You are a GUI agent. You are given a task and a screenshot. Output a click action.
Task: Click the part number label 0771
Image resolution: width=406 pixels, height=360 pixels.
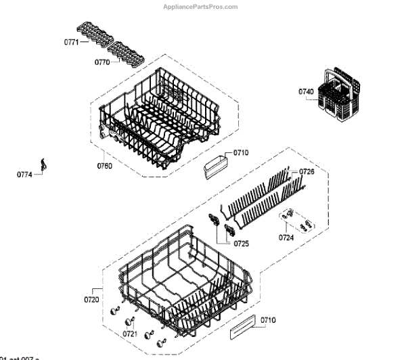[x=72, y=42]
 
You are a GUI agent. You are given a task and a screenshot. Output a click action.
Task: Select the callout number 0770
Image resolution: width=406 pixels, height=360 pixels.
[x=101, y=62]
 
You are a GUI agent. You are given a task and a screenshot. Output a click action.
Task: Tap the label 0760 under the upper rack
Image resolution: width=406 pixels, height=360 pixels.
[x=104, y=165]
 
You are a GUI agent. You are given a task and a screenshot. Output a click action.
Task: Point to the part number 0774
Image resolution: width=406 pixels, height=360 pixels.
[x=24, y=175]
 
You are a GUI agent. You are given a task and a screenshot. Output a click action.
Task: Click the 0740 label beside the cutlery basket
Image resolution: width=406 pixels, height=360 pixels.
[x=306, y=91]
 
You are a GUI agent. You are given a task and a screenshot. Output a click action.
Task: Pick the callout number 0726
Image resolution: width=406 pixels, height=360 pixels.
[x=307, y=172]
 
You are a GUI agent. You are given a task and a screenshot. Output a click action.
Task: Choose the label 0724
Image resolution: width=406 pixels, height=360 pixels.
[x=286, y=238]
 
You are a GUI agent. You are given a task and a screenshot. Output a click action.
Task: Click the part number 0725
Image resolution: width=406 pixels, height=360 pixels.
[x=242, y=242]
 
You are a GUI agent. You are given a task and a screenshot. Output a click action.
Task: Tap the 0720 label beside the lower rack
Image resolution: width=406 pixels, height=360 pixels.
[x=91, y=299]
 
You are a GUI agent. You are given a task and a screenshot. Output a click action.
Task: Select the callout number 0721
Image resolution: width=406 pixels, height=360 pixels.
[x=131, y=334]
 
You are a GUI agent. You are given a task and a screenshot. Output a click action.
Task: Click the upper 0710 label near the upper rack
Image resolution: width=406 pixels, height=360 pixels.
[x=241, y=153]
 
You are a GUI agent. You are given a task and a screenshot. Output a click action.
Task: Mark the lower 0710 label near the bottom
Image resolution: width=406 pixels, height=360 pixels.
[x=269, y=319]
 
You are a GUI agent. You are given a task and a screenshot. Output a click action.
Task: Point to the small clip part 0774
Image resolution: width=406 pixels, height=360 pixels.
[x=45, y=164]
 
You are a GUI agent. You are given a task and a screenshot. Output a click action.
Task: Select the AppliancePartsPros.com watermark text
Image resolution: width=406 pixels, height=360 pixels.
[x=201, y=6]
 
